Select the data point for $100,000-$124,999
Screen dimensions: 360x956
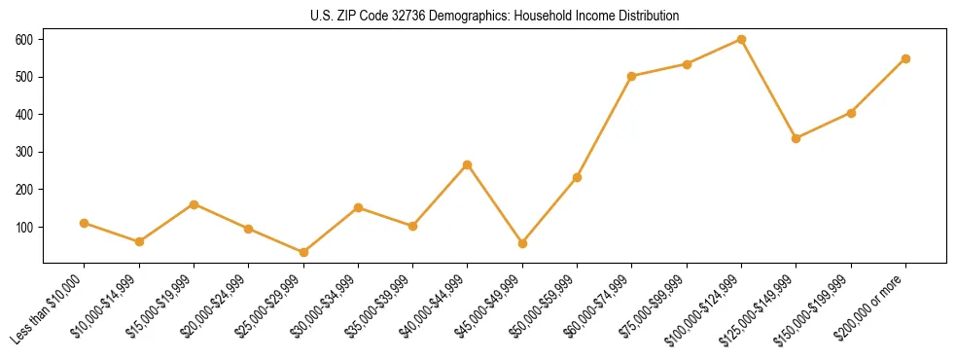tap(742, 39)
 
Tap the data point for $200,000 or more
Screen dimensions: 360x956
tap(905, 58)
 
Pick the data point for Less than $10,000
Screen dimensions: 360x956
tap(85, 223)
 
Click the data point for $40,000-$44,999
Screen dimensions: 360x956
tap(468, 164)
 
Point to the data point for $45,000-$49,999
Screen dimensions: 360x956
tap(522, 243)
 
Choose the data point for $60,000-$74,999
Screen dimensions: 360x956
tap(632, 76)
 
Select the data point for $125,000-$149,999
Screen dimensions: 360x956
tap(797, 138)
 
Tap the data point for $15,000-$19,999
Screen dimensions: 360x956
tap(194, 204)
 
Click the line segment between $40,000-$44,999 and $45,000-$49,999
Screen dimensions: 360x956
tap(495, 204)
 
